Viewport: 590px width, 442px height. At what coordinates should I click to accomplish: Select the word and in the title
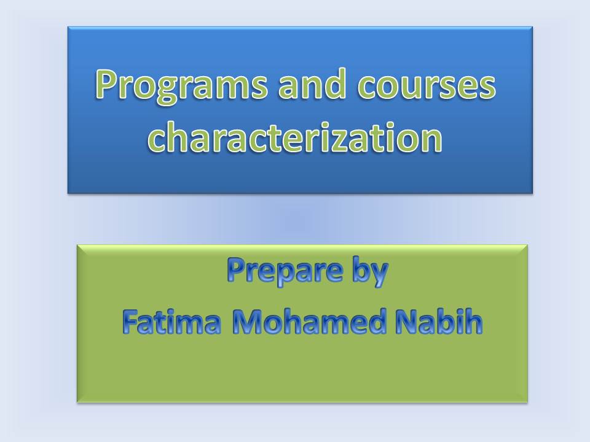pos(312,83)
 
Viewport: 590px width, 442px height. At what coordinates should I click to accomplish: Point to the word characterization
pos(294,137)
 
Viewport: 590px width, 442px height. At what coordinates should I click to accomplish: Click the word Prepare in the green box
pos(285,271)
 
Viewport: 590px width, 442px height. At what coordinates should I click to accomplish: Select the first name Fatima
pos(171,322)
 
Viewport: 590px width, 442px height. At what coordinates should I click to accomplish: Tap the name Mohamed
pos(309,322)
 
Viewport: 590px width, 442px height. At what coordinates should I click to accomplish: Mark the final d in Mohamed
pos(376,321)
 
